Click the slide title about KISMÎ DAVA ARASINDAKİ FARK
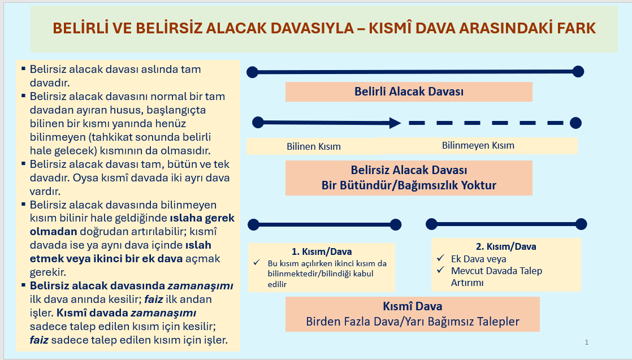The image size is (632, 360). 324,28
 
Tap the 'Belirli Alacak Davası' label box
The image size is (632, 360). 409,92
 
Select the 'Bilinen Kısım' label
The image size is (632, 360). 314,146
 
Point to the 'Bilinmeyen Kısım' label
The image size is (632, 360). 478,146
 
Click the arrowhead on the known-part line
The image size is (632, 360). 395,123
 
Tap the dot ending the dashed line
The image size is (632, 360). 575,123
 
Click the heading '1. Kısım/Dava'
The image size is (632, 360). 322,251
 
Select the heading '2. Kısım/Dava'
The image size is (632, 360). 506,246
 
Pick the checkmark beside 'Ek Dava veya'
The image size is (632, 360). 440,258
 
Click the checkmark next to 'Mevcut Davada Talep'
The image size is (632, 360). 440,270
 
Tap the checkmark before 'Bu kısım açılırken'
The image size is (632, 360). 256,263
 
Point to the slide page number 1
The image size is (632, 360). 586,342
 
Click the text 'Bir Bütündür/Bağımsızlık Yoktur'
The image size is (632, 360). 409,185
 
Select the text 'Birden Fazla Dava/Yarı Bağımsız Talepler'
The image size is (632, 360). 412,322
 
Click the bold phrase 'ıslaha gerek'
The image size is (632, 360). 202,218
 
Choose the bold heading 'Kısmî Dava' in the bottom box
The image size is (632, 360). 412,306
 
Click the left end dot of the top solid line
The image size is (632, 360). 252,72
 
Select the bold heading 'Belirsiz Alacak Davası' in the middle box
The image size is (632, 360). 409,170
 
